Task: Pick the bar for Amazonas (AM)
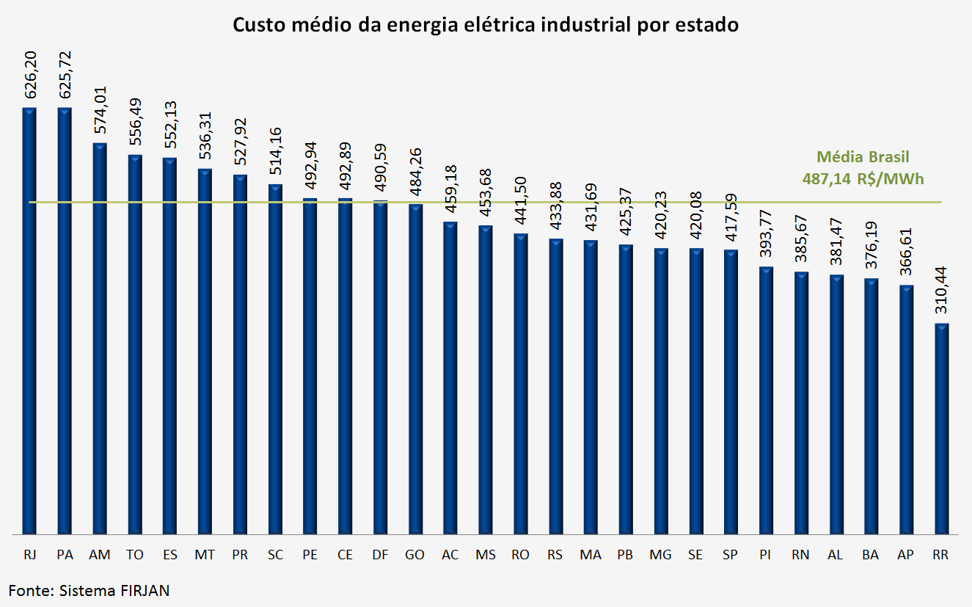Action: tap(100, 338)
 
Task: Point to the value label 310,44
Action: tap(941, 297)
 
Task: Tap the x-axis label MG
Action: tap(660, 556)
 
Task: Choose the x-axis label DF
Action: tap(380, 556)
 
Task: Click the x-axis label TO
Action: tap(135, 556)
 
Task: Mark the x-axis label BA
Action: tap(871, 556)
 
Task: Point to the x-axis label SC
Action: tap(275, 556)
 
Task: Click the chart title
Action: tap(485, 25)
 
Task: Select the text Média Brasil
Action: tap(863, 157)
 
